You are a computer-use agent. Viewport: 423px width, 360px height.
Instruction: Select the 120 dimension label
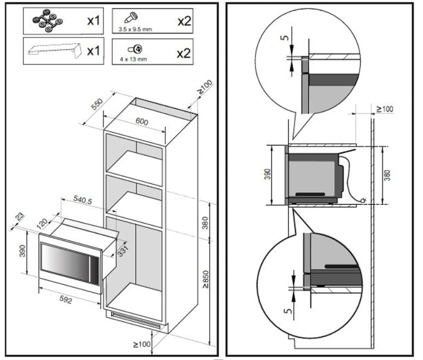click(x=41, y=224)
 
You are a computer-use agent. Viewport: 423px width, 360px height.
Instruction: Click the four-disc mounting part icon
click(x=45, y=21)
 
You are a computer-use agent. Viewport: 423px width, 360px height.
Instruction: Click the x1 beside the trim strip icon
click(x=94, y=52)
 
